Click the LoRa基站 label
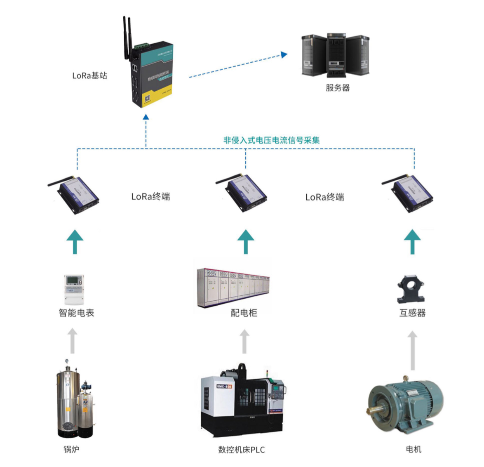tap(89, 75)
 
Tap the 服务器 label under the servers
tap(337, 88)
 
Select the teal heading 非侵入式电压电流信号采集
tap(271, 140)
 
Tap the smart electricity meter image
tap(74, 289)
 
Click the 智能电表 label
tap(76, 313)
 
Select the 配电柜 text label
tap(244, 313)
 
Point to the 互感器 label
tap(412, 313)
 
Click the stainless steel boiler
tap(69, 402)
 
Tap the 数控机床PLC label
tap(241, 450)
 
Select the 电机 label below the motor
tap(414, 449)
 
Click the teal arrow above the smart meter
tap(75, 241)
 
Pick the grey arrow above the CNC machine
tap(244, 341)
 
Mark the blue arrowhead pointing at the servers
tap(284, 54)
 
